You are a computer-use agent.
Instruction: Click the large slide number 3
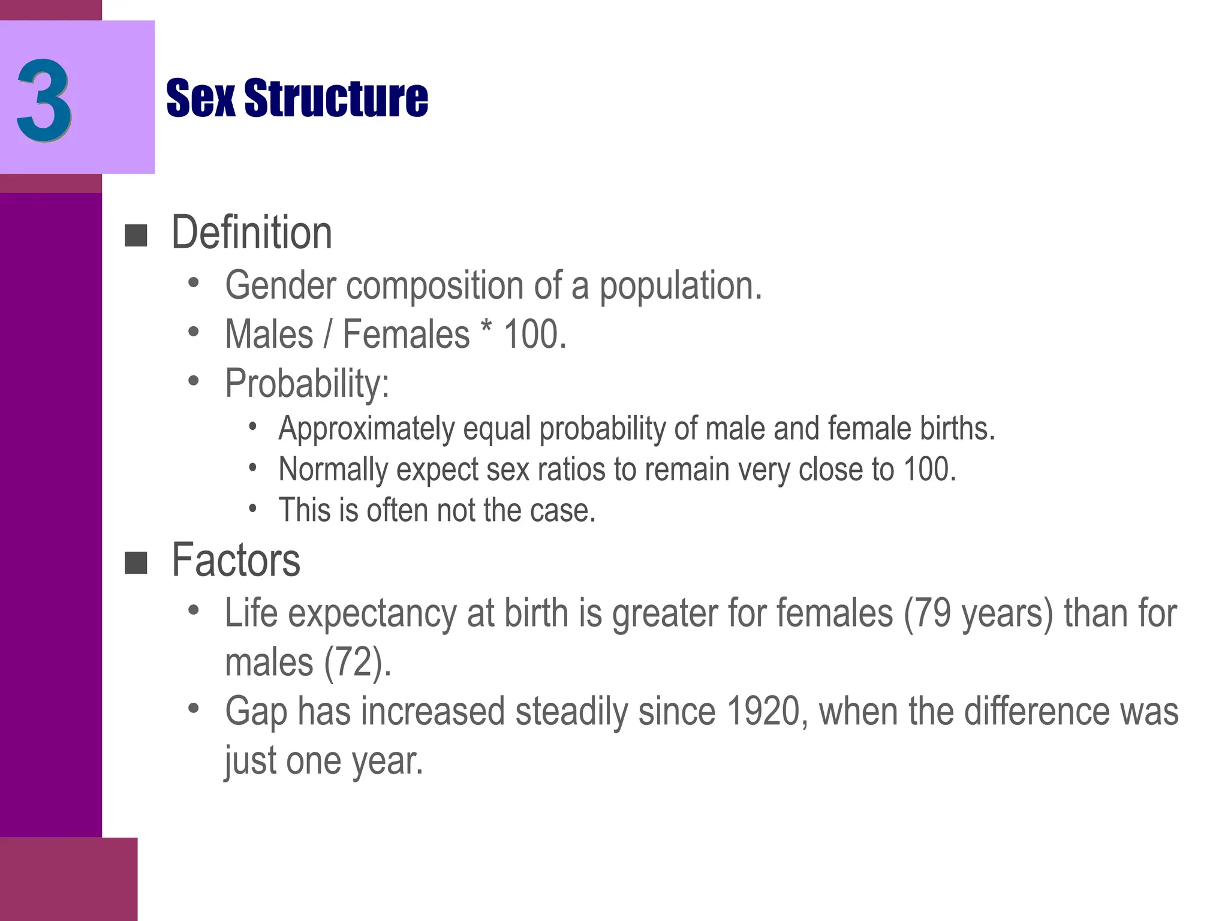coord(44,100)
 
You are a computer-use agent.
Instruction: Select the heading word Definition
coord(252,233)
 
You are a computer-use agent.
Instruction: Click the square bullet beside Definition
coord(136,236)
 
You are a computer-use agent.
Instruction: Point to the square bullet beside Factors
coord(136,563)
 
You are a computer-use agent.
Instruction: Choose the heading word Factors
coord(236,560)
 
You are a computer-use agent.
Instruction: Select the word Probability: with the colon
coord(307,383)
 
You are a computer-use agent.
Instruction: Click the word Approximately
coord(366,429)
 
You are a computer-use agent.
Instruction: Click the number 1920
coord(762,711)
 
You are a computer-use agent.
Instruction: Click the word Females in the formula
coord(406,334)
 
